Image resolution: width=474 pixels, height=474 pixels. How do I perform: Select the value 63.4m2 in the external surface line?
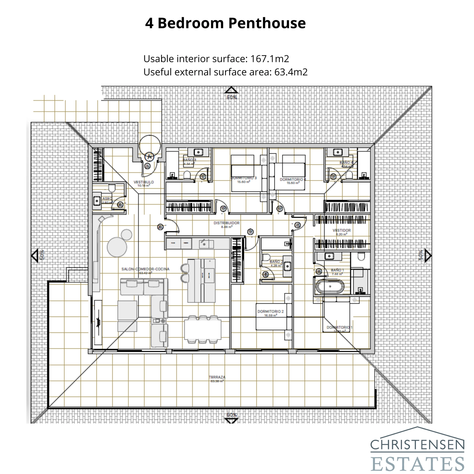[291, 72]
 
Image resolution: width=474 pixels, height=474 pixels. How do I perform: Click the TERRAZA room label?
[217, 377]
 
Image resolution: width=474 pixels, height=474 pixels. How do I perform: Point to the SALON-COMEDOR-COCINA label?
[145, 269]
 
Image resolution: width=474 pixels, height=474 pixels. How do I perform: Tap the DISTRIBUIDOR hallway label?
[227, 223]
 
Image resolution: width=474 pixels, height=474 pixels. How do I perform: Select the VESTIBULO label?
[144, 182]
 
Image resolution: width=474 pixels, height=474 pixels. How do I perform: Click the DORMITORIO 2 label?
[270, 311]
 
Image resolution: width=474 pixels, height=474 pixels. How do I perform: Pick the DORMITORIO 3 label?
[244, 178]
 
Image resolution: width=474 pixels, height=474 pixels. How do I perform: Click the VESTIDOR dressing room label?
[342, 230]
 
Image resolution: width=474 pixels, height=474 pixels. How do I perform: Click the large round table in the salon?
[117, 247]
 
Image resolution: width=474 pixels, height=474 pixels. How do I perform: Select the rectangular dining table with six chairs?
[203, 329]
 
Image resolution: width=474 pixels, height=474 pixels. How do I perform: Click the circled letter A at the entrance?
[149, 156]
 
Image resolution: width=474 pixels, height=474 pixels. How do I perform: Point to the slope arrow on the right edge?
[427, 255]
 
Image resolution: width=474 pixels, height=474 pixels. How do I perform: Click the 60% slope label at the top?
[232, 97]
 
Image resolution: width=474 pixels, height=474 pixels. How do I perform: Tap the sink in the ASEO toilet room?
[97, 201]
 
